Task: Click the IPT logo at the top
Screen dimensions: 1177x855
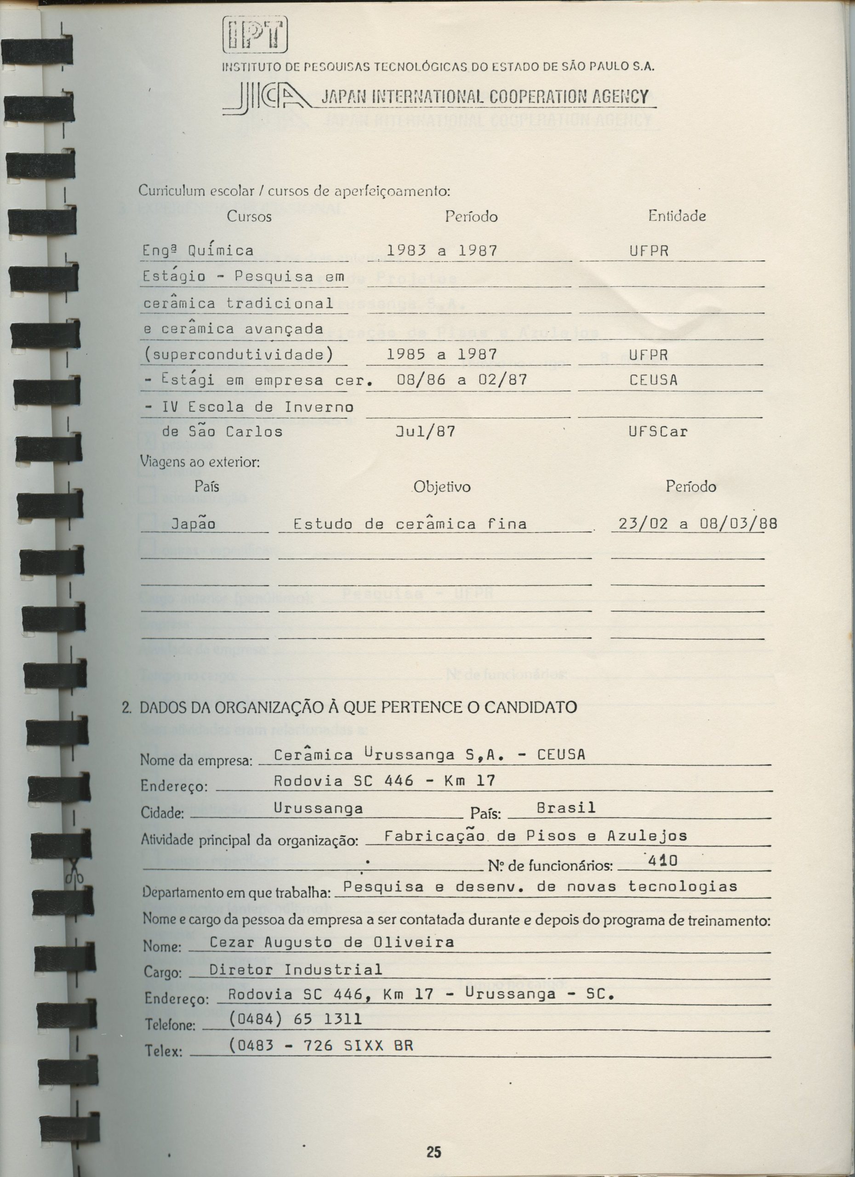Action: [254, 35]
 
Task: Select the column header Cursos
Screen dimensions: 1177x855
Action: [249, 217]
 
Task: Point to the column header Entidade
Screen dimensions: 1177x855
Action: [677, 216]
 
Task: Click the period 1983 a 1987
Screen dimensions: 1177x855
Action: [442, 251]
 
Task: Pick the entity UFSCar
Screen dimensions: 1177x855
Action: [658, 432]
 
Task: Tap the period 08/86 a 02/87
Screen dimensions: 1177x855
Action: [462, 380]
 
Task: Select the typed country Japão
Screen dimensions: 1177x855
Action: [193, 524]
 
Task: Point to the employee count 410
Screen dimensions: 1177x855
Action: [663, 861]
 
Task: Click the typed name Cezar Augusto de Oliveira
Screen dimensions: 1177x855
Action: [331, 943]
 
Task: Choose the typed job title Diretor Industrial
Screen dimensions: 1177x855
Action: [295, 970]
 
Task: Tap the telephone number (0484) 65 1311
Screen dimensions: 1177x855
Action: [295, 1020]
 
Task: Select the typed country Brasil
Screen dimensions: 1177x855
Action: [565, 808]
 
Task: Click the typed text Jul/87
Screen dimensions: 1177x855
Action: [425, 432]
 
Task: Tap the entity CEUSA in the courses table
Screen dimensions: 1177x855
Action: [653, 380]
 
